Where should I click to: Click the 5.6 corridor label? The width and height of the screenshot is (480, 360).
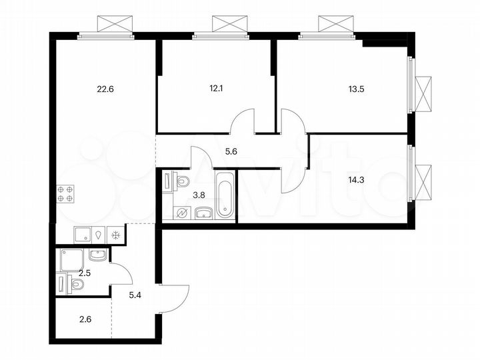(x=212, y=152)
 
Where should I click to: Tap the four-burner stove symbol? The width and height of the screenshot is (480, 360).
(x=65, y=193)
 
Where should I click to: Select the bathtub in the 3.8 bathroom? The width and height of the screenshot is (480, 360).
(x=225, y=195)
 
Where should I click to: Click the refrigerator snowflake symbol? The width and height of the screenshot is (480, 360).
(x=115, y=235)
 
